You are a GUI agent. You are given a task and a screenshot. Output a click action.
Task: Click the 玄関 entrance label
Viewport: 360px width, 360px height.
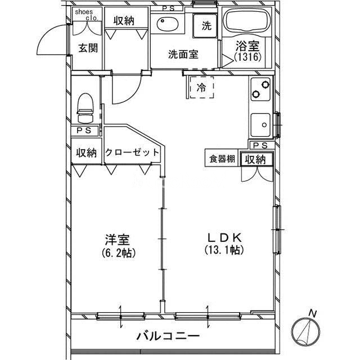[88, 48]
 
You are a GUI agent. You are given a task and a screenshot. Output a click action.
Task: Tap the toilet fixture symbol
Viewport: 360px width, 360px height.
[85, 108]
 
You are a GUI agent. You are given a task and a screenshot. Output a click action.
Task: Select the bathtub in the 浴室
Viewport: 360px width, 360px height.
[247, 22]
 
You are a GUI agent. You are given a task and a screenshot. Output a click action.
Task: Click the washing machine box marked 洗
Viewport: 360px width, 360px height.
[205, 25]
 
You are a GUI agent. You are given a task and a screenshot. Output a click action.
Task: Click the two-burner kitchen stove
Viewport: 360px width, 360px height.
[260, 89]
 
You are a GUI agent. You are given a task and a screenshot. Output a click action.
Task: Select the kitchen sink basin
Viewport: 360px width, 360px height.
[260, 125]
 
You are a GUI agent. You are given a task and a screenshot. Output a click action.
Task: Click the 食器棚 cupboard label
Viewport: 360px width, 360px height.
[222, 159]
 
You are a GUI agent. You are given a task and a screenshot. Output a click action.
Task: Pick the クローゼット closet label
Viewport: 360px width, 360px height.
[132, 152]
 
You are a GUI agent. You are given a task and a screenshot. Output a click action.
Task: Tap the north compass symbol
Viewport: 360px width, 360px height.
[305, 330]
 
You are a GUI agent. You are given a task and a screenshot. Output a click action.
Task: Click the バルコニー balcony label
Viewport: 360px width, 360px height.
[168, 336]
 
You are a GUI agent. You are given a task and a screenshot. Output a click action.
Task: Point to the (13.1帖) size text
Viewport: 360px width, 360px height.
[224, 250]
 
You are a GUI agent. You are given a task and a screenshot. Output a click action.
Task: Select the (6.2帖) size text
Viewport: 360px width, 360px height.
[119, 253]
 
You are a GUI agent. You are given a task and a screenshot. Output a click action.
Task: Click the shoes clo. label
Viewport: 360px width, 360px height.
[87, 15]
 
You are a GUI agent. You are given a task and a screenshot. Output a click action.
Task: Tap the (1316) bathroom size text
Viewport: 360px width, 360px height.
[247, 57]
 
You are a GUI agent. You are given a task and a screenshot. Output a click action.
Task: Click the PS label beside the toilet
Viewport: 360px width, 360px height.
[84, 130]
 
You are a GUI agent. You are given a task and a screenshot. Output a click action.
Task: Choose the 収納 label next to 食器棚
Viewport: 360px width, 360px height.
[255, 159]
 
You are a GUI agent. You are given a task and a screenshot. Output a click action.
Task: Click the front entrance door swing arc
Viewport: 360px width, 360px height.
[53, 39]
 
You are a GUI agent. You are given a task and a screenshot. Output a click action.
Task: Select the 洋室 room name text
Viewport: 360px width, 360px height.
[118, 240]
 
